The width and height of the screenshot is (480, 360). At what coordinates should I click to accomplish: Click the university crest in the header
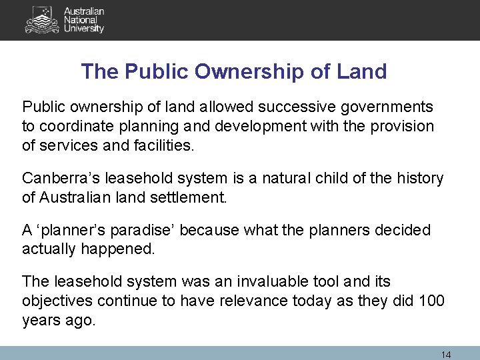41,19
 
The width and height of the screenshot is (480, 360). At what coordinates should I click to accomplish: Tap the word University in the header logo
83,29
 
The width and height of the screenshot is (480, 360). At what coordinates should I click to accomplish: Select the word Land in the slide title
361,71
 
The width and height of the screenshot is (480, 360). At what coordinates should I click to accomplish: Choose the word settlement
193,197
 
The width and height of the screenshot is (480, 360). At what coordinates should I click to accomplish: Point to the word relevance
254,301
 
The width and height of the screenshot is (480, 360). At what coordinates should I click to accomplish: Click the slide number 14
446,355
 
